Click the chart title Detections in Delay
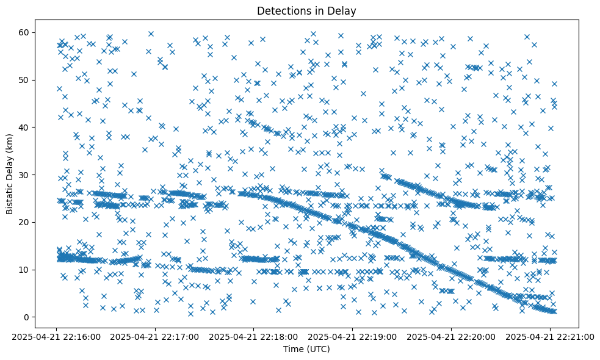(306, 10)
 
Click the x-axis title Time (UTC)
(306, 349)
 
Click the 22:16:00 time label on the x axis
(56, 336)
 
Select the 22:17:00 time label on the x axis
(155, 336)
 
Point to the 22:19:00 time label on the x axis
(353, 336)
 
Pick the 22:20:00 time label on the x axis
(452, 336)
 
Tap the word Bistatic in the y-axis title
(10, 195)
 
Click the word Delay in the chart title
(343, 10)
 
